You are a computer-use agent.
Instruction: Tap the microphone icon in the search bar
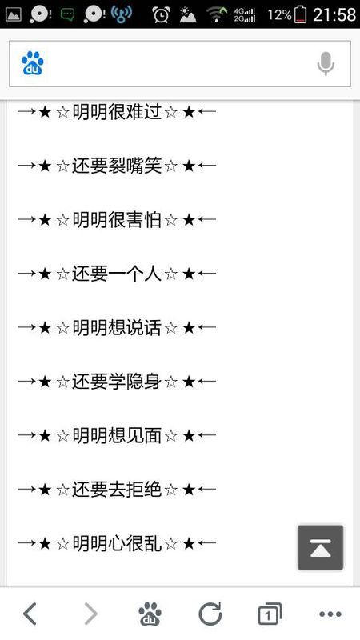coord(326,64)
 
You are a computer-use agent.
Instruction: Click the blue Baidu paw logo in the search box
coord(33,63)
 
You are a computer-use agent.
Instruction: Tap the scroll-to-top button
coord(321,547)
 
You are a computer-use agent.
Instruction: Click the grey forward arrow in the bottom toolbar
coord(91,614)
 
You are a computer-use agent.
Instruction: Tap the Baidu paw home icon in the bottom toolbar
coord(150,614)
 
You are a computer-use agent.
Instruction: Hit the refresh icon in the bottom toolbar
coord(210,614)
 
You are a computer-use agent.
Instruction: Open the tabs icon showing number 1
coord(270,614)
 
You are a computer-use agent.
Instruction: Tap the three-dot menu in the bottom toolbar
coord(330,614)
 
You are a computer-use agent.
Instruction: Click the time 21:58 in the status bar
coord(334,15)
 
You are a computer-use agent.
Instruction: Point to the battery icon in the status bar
coord(301,14)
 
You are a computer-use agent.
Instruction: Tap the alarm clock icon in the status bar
coord(162,14)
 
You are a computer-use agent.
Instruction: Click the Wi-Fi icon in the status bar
coord(217,14)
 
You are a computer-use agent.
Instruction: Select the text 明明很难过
coord(117,112)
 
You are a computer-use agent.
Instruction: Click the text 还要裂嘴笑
coord(117,166)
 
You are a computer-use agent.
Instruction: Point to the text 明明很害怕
coord(117,219)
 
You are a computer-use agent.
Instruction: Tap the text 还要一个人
coord(117,274)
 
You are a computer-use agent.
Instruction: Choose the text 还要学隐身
coord(117,382)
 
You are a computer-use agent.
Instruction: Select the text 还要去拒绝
coord(117,489)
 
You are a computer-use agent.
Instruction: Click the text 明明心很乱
coord(117,543)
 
